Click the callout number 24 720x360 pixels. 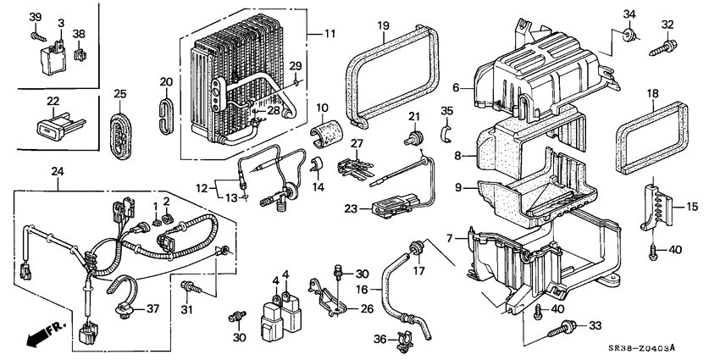click(x=58, y=172)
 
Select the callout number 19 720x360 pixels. click(x=383, y=26)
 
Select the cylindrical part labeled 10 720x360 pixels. click(x=325, y=132)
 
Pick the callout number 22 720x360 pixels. click(x=53, y=101)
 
